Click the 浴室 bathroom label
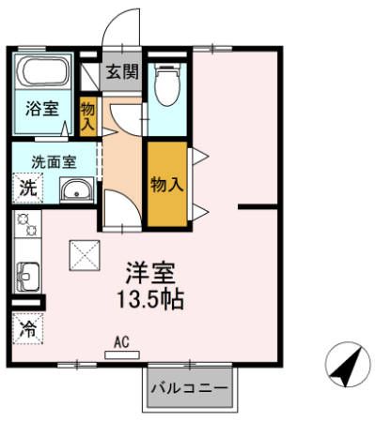coord(41,109)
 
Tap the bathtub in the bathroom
coord(43,73)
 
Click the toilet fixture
coord(168,86)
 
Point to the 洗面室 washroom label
coord(54,159)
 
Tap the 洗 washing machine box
coord(28,187)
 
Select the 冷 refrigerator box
coord(28,329)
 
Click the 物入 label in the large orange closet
coord(166,184)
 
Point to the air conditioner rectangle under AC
coord(122,354)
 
